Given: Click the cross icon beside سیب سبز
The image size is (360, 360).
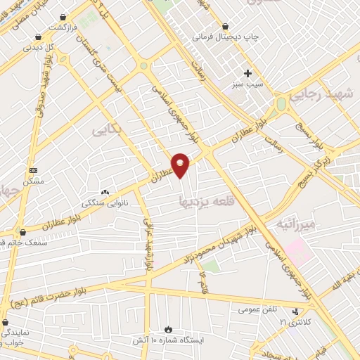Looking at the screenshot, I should pyautogui.click(x=247, y=73).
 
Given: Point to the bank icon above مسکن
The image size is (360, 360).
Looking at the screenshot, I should pyautogui.click(x=33, y=171).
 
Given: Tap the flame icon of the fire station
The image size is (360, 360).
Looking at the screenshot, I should pyautogui.click(x=168, y=328).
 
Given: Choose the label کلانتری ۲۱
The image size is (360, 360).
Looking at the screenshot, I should pyautogui.click(x=294, y=322).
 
